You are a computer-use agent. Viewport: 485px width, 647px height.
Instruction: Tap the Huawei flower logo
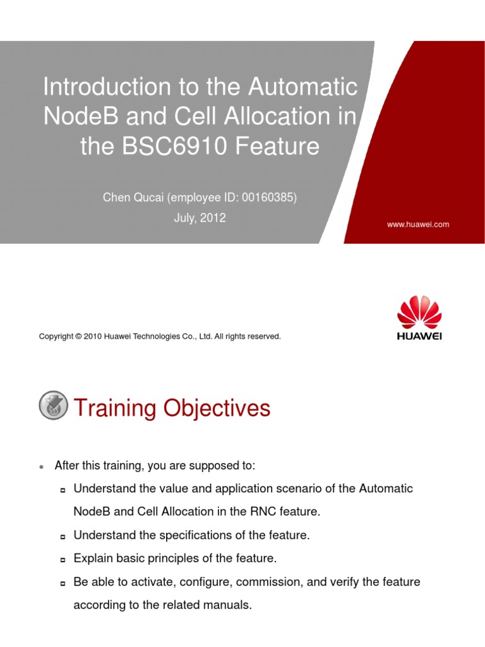pyautogui.click(x=419, y=310)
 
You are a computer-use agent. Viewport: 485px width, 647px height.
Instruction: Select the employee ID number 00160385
pyautogui.click(x=272, y=198)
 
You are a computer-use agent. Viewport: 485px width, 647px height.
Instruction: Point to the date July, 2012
pyautogui.click(x=200, y=218)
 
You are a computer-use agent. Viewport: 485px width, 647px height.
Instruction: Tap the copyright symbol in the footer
pyautogui.click(x=80, y=337)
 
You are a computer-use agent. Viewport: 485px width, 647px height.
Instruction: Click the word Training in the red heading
pyautogui.click(x=115, y=409)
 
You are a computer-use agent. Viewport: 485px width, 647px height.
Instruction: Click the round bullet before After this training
pyautogui.click(x=41, y=467)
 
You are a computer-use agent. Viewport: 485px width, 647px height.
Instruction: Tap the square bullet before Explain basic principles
pyautogui.click(x=63, y=560)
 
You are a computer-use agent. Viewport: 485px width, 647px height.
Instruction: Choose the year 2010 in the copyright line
pyautogui.click(x=95, y=337)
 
